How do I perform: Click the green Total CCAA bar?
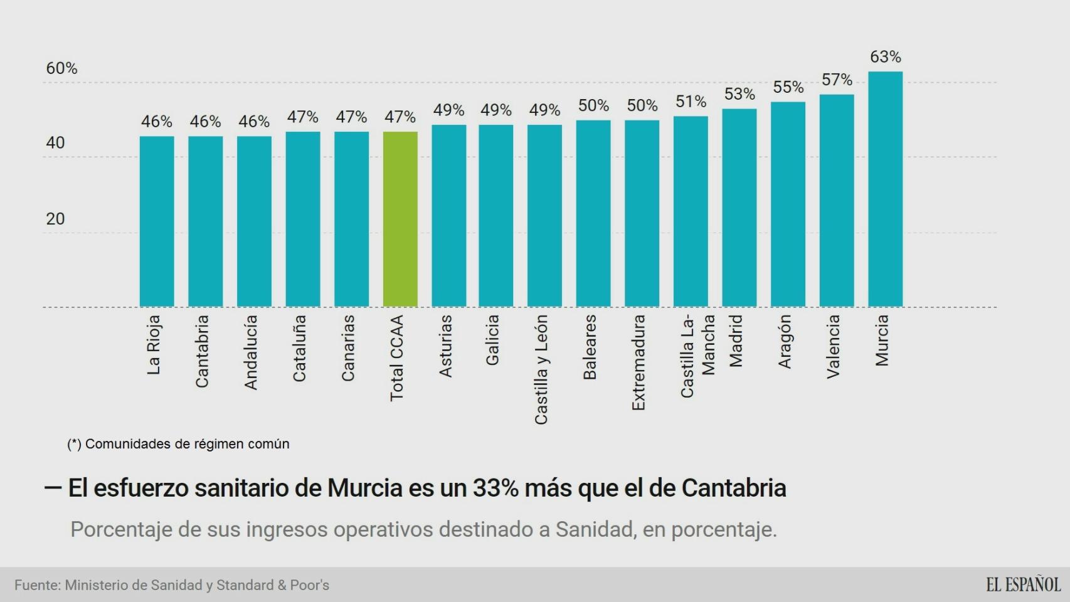coord(400,219)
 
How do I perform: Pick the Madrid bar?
coord(739,208)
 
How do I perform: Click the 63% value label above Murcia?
coord(885,57)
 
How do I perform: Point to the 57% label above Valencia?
coord(837,80)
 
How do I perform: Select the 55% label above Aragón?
coord(788,87)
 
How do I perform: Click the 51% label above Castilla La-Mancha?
coord(691,102)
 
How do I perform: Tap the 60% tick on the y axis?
coord(61,68)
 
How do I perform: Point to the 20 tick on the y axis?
coord(55,219)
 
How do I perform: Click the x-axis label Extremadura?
coord(638,362)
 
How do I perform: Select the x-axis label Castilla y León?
coord(541,369)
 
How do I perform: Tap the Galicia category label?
coord(492,340)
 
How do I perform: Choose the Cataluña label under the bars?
coord(300,348)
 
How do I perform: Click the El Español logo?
coord(1023,584)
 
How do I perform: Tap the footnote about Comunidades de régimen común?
coord(178,444)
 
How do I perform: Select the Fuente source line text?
coord(172,585)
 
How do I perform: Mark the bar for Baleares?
coord(593,213)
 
